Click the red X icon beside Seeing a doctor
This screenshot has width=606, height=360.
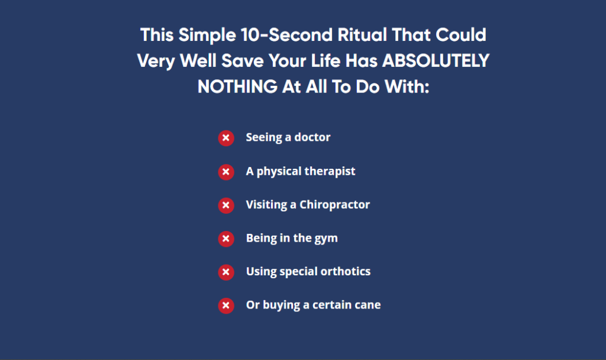click(x=226, y=138)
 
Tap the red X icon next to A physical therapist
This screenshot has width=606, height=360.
click(x=226, y=172)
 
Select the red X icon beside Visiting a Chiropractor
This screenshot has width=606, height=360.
click(x=226, y=205)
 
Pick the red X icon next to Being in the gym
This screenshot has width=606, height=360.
click(x=226, y=239)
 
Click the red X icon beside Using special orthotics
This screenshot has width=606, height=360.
click(x=226, y=272)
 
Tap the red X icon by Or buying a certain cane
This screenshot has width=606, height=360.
click(x=226, y=306)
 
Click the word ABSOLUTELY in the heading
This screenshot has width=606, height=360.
click(x=436, y=61)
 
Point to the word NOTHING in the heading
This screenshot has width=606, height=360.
click(x=237, y=86)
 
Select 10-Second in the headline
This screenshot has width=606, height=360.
click(x=286, y=35)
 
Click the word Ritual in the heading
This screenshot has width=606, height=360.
click(x=362, y=35)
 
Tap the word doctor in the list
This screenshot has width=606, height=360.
click(x=312, y=137)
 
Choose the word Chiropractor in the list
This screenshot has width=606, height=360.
click(x=335, y=204)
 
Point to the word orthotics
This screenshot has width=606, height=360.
click(x=346, y=271)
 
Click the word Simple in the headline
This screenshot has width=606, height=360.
click(x=207, y=35)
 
